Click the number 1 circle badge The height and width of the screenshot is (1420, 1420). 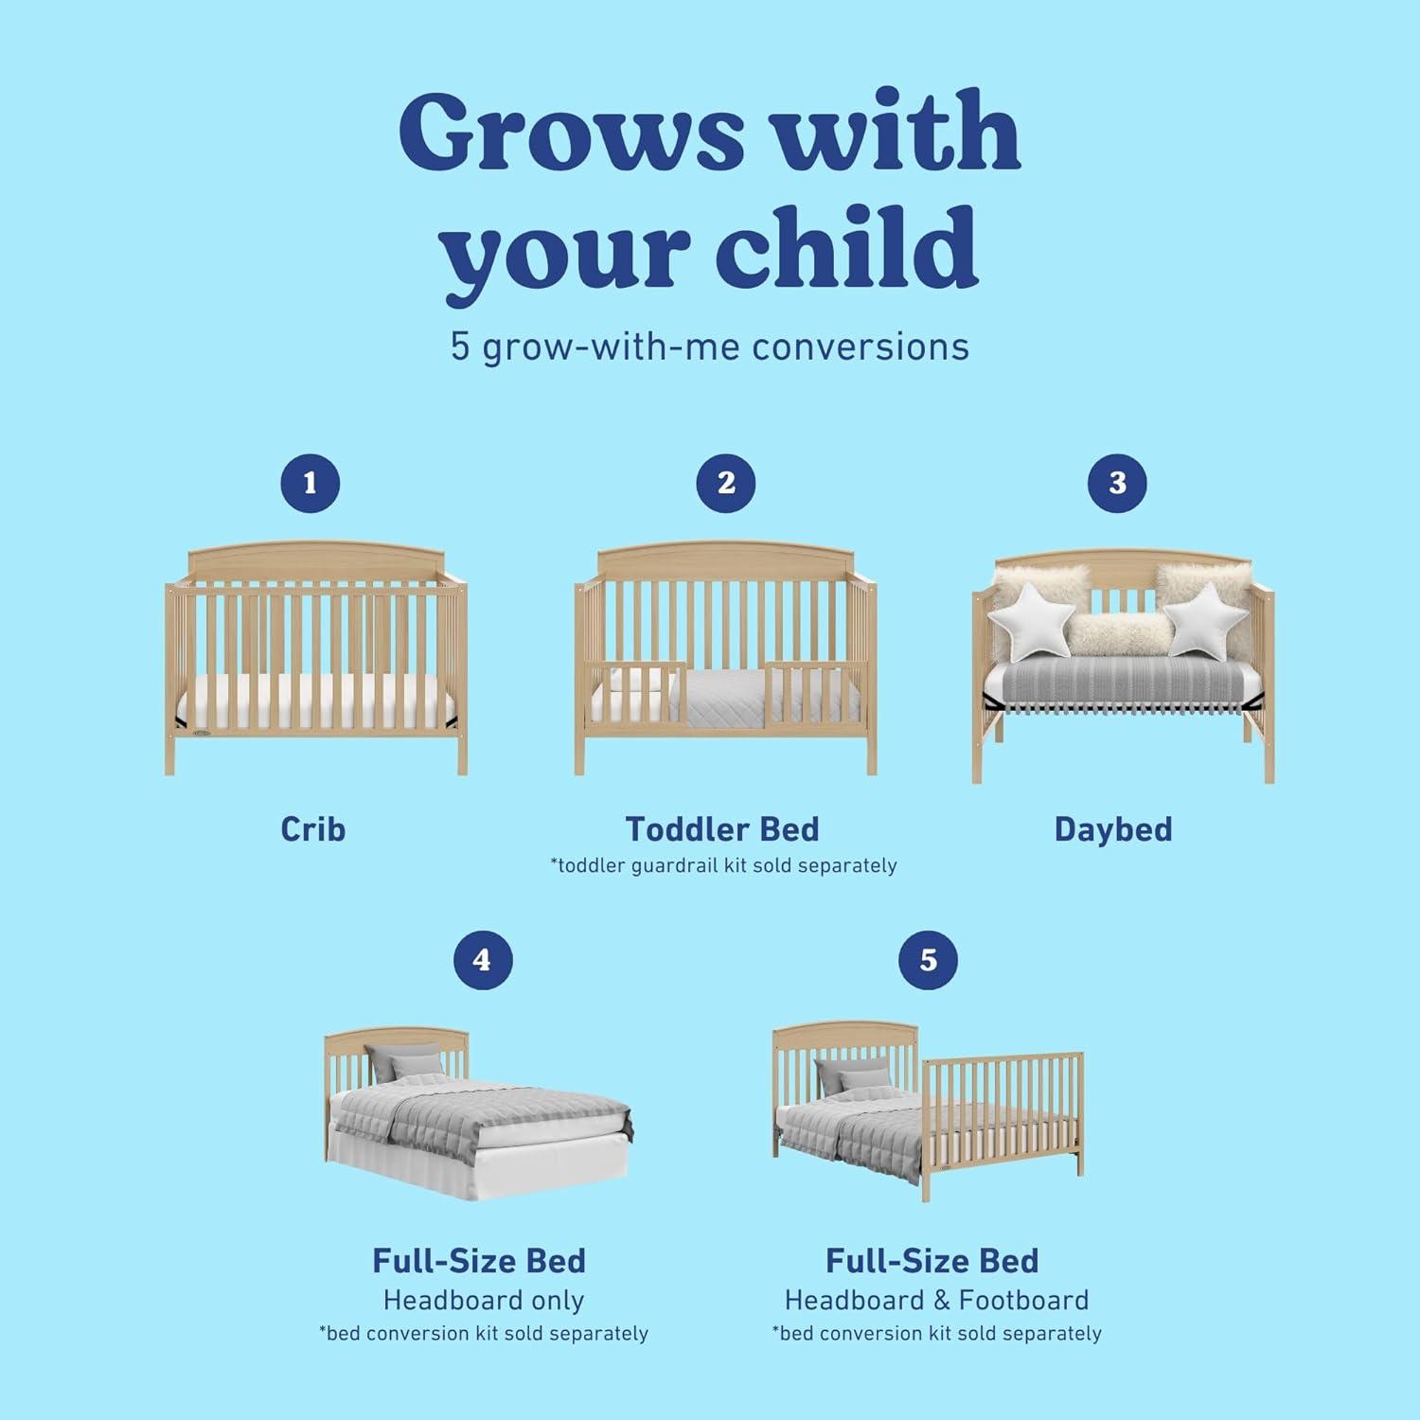coord(310,484)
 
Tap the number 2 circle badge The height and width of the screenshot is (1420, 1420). coord(726,484)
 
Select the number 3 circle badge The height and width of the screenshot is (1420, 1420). coord(1117,484)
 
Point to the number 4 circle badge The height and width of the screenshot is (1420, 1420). coord(482,960)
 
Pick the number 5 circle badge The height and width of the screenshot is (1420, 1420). coord(928,960)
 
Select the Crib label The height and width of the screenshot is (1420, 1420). coord(313,829)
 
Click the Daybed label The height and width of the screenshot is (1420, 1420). coord(1113,829)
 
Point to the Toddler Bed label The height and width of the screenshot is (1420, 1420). coord(722,829)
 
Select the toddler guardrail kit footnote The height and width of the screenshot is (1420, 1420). coord(724,865)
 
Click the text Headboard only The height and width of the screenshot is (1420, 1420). coord(483,1301)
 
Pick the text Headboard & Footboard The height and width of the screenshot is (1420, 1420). coord(936,1301)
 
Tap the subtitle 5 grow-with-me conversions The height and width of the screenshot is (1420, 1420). coord(710,346)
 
